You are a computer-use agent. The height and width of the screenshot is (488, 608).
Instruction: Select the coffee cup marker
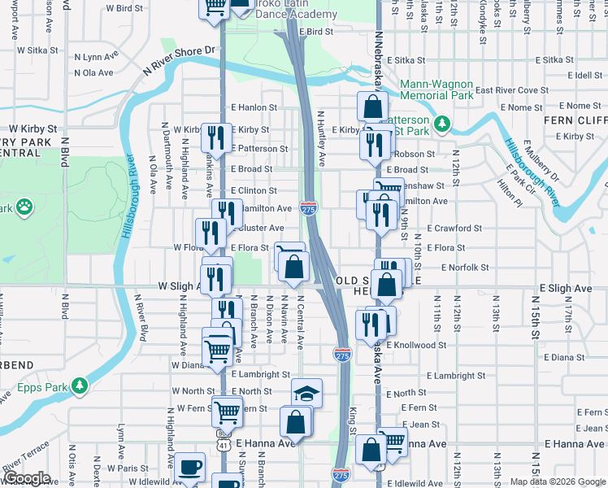(190, 468)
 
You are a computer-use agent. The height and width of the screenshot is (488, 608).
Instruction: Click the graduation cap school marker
(306, 394)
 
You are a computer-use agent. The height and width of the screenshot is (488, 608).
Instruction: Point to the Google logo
(26, 478)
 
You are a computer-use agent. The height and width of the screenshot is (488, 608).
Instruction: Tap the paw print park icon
(25, 207)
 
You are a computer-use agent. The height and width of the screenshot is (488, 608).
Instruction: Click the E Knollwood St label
(416, 345)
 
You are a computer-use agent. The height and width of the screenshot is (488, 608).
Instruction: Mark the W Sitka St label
(29, 50)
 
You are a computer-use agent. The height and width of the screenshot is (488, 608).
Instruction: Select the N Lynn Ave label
(96, 57)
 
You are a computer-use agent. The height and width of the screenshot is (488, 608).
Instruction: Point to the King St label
(354, 415)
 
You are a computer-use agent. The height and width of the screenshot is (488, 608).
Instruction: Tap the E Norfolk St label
(464, 267)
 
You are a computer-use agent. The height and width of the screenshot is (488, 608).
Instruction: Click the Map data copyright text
(556, 481)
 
